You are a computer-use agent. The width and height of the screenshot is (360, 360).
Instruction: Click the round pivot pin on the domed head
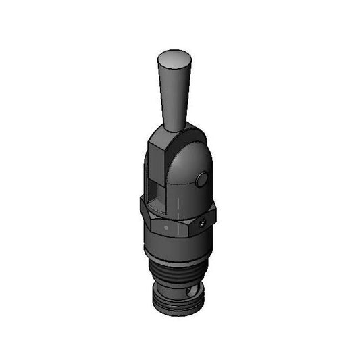point(201,179)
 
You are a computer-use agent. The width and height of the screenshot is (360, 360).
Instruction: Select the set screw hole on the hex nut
point(203,221)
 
